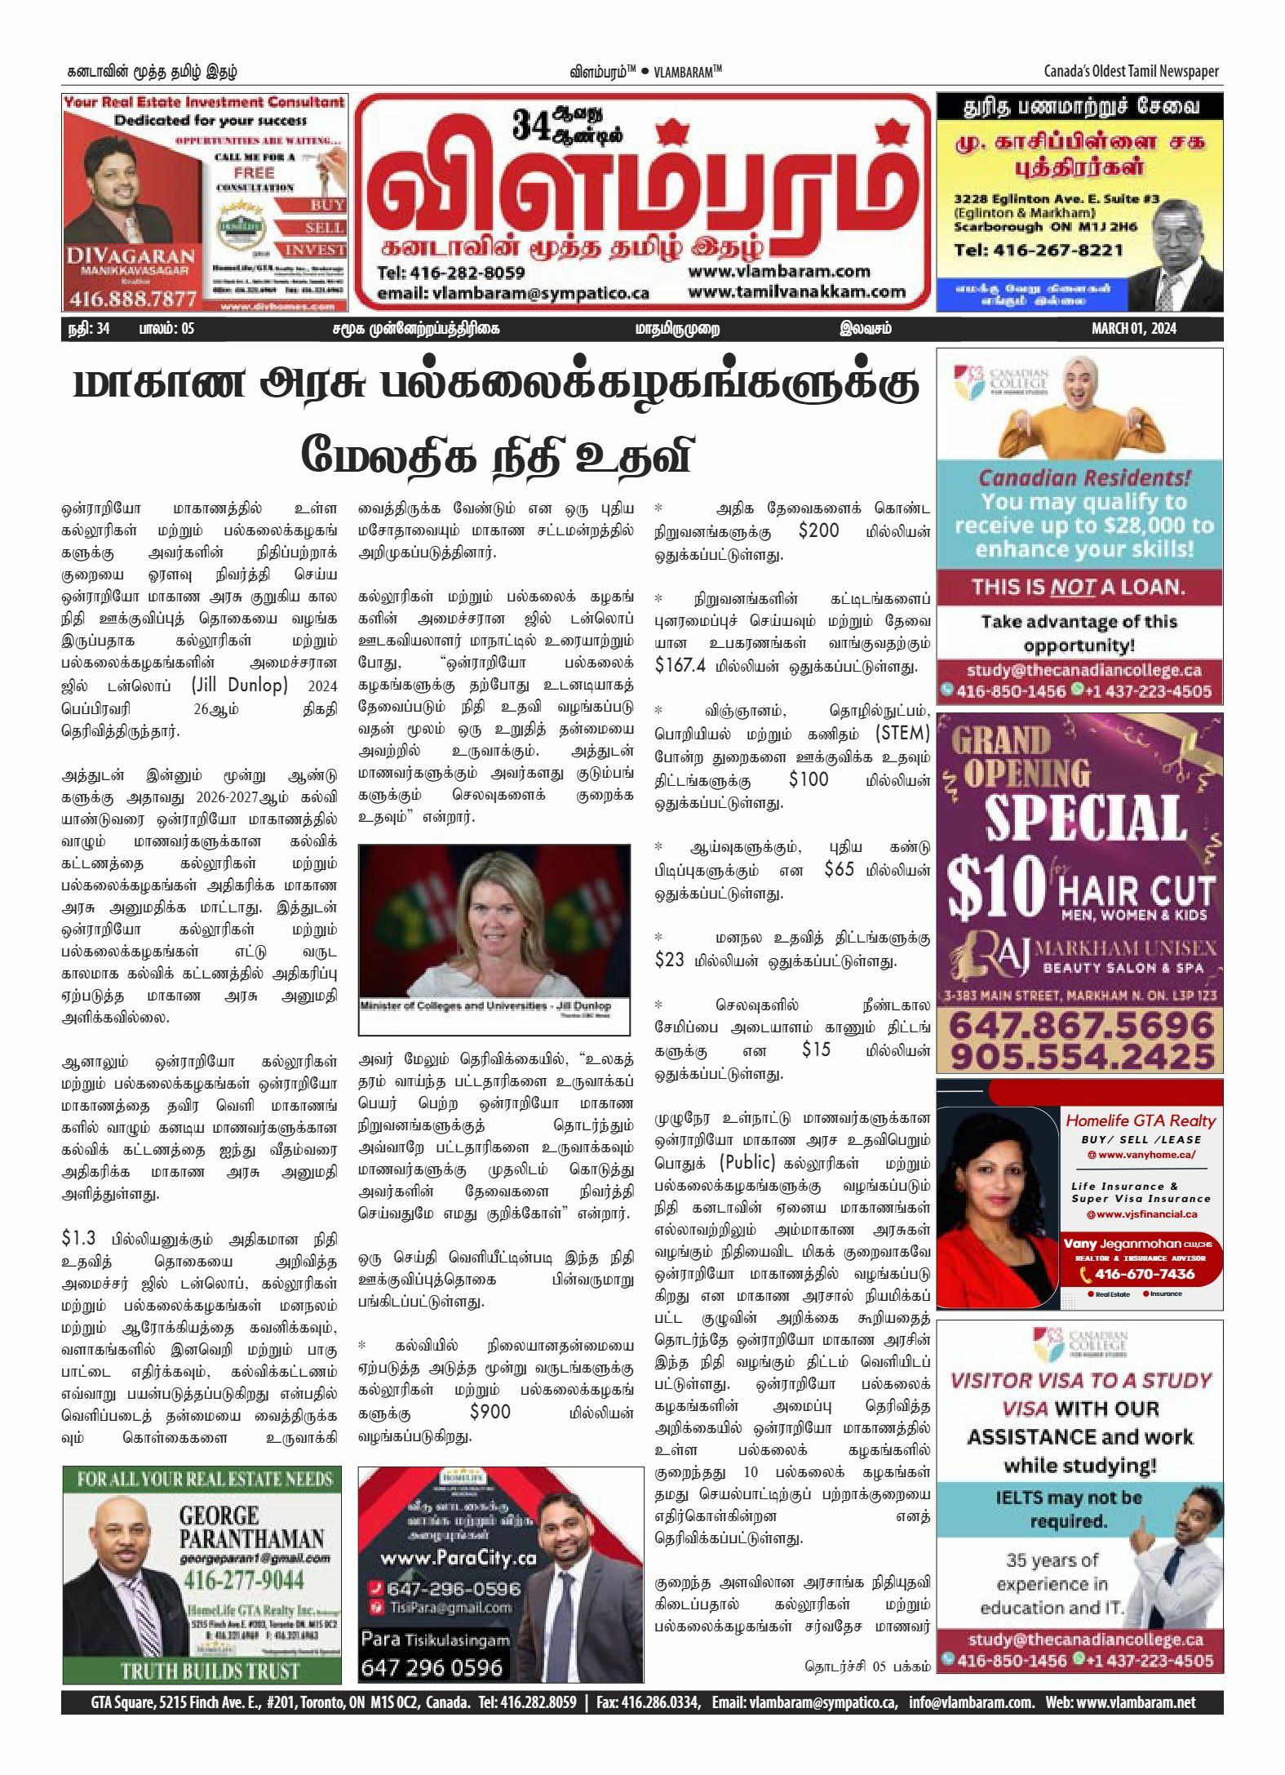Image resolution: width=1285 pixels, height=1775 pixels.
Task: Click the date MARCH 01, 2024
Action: click(x=1133, y=329)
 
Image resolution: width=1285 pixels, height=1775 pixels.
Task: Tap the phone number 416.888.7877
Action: click(x=133, y=300)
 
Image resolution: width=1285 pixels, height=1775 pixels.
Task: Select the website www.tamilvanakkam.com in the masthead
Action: click(x=796, y=292)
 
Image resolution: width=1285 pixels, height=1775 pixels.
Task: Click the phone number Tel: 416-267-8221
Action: click(x=1038, y=250)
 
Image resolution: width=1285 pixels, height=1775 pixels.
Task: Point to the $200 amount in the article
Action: click(x=818, y=531)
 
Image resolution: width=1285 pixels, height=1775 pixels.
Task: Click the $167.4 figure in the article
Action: click(x=680, y=665)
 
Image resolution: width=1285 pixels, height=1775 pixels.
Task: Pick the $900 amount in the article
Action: click(x=490, y=1412)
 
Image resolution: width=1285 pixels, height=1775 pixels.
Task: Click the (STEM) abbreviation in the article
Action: click(x=902, y=733)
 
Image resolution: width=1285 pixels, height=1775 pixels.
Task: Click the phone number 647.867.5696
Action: click(x=1080, y=1024)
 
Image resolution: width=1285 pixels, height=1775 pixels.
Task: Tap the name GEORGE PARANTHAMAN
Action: click(x=250, y=1528)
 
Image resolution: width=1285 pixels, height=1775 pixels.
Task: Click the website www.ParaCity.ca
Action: click(x=459, y=1558)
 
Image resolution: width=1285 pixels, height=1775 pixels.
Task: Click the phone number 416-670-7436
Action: click(x=1144, y=1274)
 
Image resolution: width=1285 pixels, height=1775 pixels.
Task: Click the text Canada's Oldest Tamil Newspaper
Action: click(x=1131, y=72)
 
